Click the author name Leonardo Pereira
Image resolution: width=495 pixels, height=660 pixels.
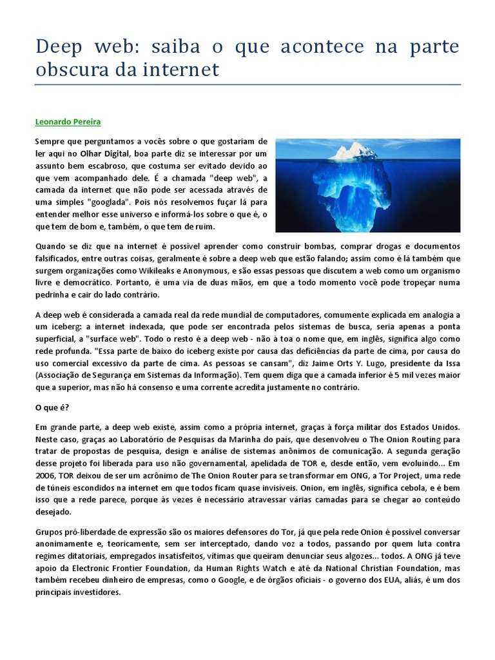pos(68,121)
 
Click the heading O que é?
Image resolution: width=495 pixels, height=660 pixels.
pos(52,407)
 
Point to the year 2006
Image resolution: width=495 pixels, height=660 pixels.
pos(46,474)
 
